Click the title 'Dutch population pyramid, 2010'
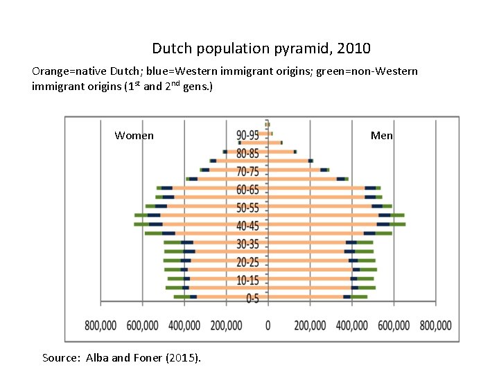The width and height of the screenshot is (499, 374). pos(261,48)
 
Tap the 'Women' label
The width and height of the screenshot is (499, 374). pos(134,136)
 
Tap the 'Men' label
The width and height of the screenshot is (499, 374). pos(381,136)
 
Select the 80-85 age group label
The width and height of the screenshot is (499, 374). pos(247,153)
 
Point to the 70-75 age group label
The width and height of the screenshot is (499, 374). pos(247,171)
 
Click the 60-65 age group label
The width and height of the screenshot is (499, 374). pos(247,189)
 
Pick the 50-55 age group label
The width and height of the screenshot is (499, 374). pos(247,208)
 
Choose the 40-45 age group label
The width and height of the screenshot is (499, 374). pos(247,226)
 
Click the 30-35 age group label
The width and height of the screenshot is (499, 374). pos(247,244)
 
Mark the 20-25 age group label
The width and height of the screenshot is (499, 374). pos(247,262)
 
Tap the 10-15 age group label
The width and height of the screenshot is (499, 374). pos(247,280)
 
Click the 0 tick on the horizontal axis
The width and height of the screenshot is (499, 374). pos(268,325)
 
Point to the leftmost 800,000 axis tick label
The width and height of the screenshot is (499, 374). pos(101,325)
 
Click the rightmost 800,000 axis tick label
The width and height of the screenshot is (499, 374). pos(435,325)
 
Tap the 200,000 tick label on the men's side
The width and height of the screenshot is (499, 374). pos(310,325)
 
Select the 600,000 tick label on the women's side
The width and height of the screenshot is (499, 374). pos(143,325)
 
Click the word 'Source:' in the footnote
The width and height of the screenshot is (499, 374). pos(62,358)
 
